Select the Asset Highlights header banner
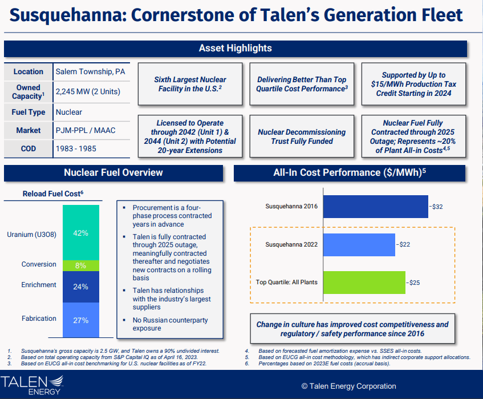coord(235,49)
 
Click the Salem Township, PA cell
coord(90,72)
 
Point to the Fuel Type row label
coord(29,112)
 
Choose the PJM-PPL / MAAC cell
coord(86,131)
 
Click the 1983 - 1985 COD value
coord(76,148)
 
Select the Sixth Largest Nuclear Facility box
coord(190,84)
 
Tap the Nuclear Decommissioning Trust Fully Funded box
coord(301,136)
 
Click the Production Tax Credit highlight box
coord(413,84)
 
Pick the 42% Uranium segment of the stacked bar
coord(80,233)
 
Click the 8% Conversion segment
coord(80,265)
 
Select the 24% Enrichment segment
coord(80,287)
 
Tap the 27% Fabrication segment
coord(80,320)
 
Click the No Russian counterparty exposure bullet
coord(162,324)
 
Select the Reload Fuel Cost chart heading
coord(53,194)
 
